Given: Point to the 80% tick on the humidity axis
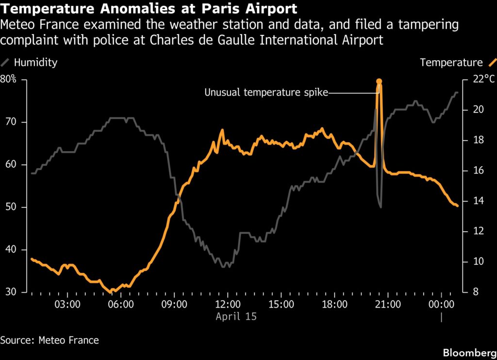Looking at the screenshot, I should pos(8,79).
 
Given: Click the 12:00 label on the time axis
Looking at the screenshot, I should pos(228,304).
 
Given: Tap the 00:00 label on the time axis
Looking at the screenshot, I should pos(441,304).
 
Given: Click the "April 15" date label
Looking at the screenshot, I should pos(236,316).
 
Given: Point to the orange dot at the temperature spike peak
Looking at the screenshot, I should pos(379,81).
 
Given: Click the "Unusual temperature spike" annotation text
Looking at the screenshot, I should pos(266,92).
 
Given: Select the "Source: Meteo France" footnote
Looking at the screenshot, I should pos(50,340).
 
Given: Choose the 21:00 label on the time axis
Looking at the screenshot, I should pos(388,304).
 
